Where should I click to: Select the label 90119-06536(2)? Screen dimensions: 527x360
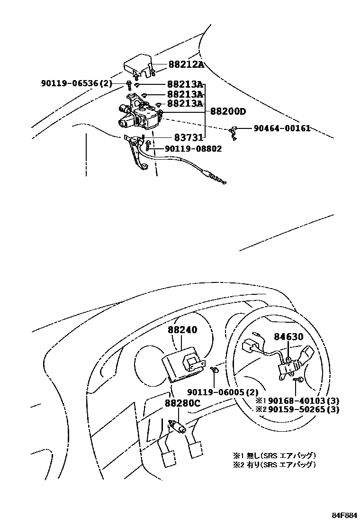(76, 84)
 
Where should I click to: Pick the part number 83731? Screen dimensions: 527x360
(188, 138)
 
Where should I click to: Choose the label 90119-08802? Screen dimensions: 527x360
(193, 148)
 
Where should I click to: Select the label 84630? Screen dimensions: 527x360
(288, 337)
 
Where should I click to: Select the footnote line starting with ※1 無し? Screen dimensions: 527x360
(274, 455)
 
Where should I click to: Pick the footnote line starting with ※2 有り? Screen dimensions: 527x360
(274, 464)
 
